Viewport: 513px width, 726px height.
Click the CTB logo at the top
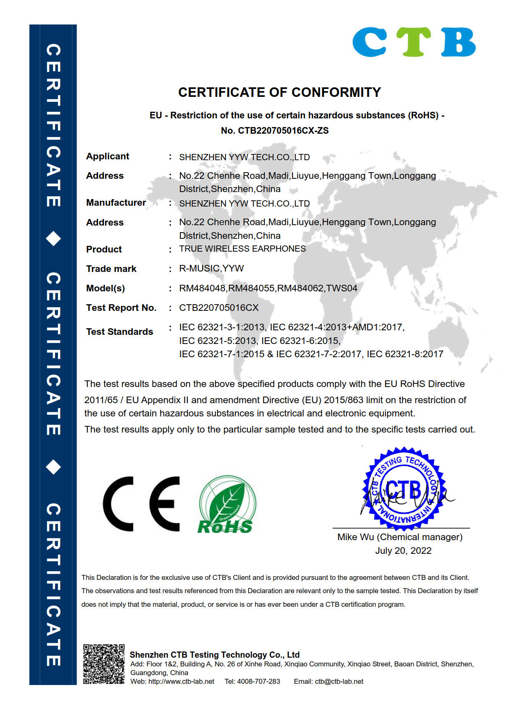click(x=414, y=42)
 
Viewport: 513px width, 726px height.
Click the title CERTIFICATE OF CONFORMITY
click(x=279, y=92)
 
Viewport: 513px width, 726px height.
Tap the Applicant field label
click(x=108, y=156)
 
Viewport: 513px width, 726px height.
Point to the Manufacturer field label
click(x=116, y=203)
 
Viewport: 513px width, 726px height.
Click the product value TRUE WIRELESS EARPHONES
click(x=242, y=249)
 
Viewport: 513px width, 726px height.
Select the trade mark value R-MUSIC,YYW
click(x=211, y=269)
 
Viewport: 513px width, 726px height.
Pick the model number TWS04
click(x=342, y=288)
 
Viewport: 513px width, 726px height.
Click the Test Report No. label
click(x=121, y=308)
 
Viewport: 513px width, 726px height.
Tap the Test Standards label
click(x=120, y=332)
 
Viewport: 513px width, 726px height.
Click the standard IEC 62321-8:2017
click(x=405, y=354)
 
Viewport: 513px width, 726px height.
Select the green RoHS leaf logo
click(x=227, y=504)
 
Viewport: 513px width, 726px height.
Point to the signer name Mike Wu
click(x=355, y=537)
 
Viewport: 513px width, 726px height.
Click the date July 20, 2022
click(x=403, y=551)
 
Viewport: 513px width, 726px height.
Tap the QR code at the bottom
click(x=103, y=664)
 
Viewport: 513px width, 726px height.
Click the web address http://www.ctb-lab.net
click(x=181, y=682)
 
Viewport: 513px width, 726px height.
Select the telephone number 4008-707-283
click(x=259, y=682)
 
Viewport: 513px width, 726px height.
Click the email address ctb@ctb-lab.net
click(x=339, y=682)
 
